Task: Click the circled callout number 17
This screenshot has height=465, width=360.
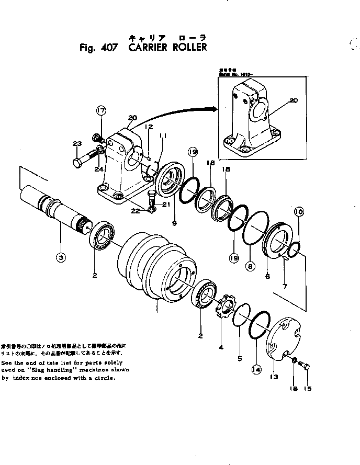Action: (x=100, y=110)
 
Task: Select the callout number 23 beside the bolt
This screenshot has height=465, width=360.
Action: (x=77, y=144)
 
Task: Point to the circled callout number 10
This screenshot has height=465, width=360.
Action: (x=298, y=212)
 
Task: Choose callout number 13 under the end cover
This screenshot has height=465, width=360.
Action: (x=275, y=376)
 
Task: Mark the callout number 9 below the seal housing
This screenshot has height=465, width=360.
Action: (x=174, y=223)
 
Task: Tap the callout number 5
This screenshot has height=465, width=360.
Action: (x=240, y=358)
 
